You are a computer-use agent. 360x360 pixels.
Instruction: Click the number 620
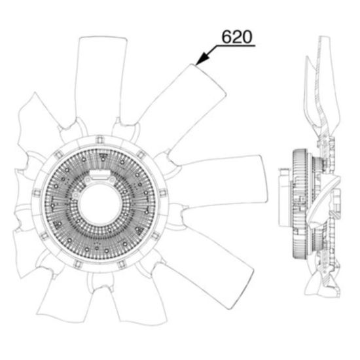237,37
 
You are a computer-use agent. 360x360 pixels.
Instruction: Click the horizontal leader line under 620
236,46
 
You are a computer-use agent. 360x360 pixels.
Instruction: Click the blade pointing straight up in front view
100,81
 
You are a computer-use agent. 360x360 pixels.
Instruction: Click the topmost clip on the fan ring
99,139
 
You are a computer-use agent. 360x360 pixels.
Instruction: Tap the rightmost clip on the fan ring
162,192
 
